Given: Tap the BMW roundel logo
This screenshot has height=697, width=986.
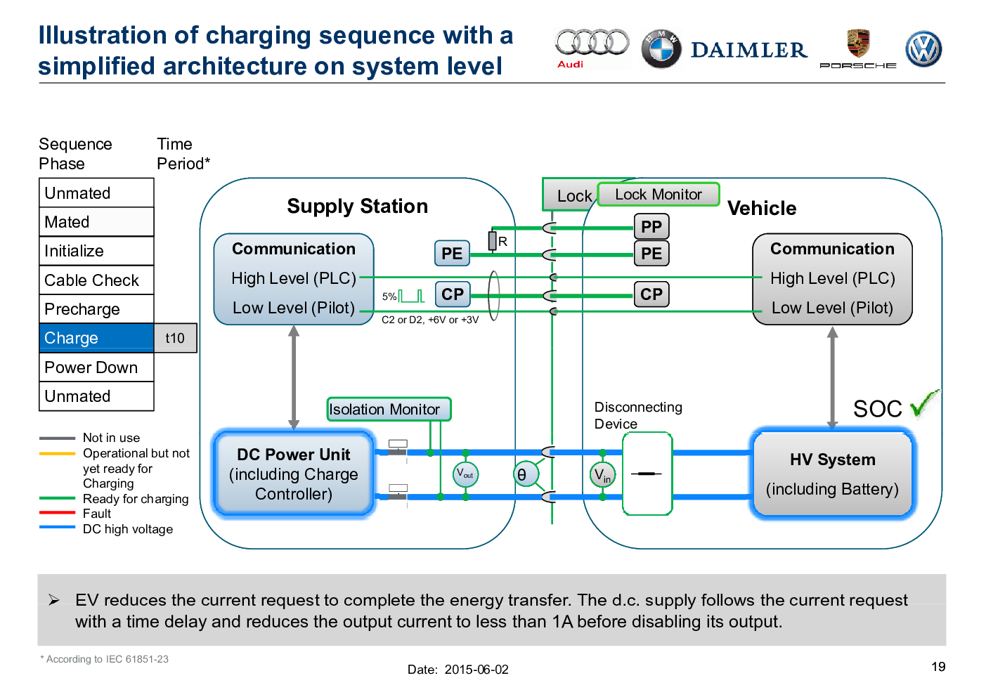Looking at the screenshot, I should point(661,49).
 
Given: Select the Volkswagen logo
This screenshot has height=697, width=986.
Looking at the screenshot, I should point(923,49).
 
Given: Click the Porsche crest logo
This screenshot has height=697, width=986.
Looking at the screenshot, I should point(858,44).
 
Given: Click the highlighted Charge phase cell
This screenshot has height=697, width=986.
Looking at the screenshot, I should point(96,338).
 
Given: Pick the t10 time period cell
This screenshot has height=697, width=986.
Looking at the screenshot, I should point(175,338).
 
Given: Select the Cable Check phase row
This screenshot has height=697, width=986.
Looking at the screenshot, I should point(96,280).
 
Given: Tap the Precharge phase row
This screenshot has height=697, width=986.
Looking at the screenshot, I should point(96,309).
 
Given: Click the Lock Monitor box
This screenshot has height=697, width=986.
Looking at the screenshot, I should point(659,195).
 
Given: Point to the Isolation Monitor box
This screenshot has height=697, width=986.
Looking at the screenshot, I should point(389,409).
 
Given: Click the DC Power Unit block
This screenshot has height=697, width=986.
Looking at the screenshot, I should point(294,474).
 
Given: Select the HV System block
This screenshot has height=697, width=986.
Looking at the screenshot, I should point(832,474).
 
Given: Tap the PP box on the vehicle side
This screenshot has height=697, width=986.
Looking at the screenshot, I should point(651,227).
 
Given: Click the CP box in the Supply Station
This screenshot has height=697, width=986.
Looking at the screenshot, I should point(453,294).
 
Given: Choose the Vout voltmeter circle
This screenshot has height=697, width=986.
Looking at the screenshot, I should point(465,474).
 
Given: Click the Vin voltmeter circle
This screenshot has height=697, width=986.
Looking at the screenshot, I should point(602,475).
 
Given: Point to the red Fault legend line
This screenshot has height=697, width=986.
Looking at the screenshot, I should point(57,514).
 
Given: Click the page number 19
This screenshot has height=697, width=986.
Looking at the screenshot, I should point(938,667).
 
